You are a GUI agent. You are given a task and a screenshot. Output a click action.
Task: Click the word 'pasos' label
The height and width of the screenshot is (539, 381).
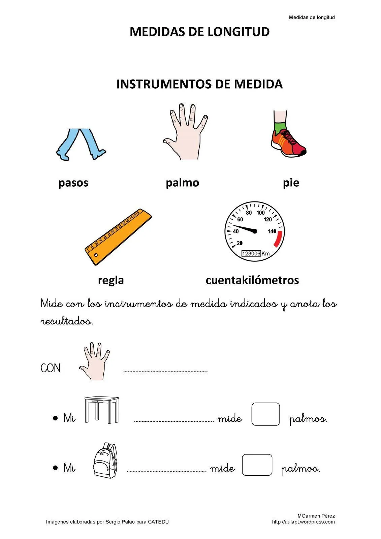[x=73, y=183]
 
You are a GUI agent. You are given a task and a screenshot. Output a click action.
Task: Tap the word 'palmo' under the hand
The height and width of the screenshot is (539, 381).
[x=182, y=183]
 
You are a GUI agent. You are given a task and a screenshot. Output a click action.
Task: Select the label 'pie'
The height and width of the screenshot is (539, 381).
[x=291, y=183]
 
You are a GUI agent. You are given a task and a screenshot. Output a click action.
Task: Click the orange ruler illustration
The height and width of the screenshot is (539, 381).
[x=118, y=236]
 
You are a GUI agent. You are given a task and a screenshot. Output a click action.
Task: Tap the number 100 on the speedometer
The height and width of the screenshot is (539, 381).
[x=261, y=213]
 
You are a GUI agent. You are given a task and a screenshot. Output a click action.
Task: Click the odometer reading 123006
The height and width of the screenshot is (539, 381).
[x=251, y=253]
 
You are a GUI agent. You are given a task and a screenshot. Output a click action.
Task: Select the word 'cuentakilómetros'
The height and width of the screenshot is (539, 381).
[x=252, y=280]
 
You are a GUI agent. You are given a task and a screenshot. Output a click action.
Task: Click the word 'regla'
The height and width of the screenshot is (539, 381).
[x=111, y=280]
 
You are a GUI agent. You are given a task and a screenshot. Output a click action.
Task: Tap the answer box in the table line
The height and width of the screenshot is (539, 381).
[x=265, y=414]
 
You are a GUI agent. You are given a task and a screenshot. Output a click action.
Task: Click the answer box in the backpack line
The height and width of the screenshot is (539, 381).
[x=257, y=465]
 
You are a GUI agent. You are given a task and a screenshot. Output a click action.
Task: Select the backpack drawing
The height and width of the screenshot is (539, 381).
[x=105, y=461]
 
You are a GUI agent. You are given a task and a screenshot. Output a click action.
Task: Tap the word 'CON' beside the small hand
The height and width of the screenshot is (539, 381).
[x=51, y=368]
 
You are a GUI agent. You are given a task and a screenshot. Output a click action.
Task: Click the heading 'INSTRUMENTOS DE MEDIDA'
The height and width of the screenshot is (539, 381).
[x=199, y=84]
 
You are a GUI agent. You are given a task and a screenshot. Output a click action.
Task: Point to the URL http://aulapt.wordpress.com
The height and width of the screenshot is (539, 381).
[x=303, y=522]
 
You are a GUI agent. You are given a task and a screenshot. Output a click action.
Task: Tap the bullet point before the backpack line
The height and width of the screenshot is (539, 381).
[x=55, y=468]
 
